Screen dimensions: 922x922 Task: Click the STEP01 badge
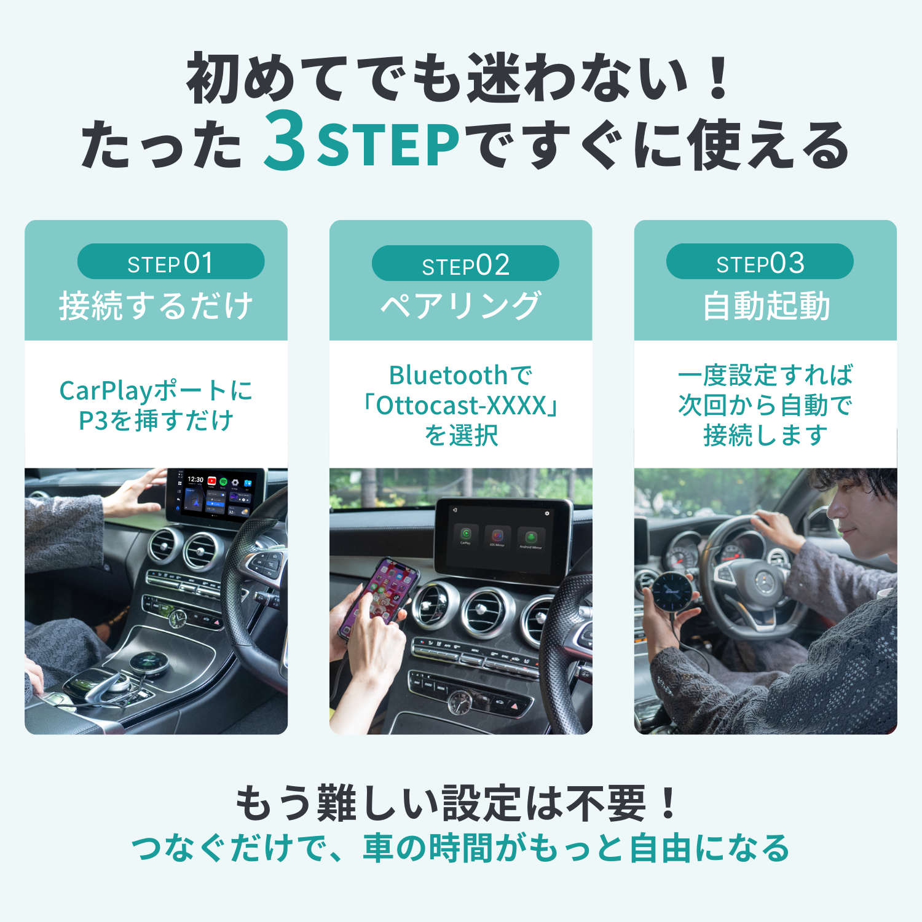pos(171,262)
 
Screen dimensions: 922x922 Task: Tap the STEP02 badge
pos(465,264)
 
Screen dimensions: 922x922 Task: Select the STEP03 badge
pos(760,262)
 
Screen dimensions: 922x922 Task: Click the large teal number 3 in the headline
pos(285,141)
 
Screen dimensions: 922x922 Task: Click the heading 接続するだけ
pos(156,306)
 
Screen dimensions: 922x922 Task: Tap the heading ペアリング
pos(461,306)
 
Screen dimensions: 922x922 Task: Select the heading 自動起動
pos(766,306)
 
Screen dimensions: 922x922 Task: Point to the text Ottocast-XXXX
pos(461,406)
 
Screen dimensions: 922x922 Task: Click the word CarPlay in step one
pos(106,391)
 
